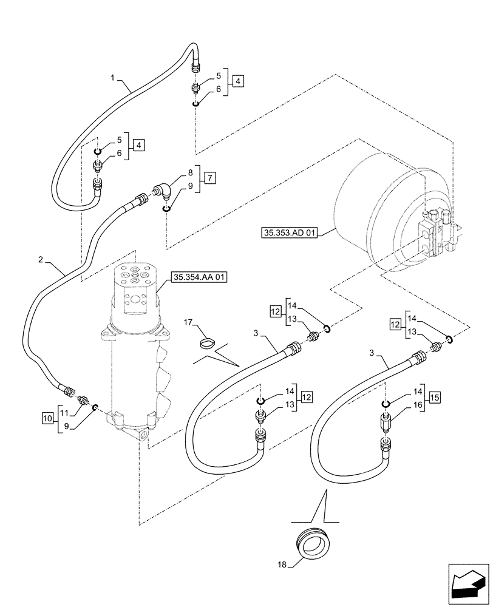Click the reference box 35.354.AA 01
coord(199,277)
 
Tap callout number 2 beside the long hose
coord(40,259)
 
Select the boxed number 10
coord(47,417)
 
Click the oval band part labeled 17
coord(208,345)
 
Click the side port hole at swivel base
coord(144,435)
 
